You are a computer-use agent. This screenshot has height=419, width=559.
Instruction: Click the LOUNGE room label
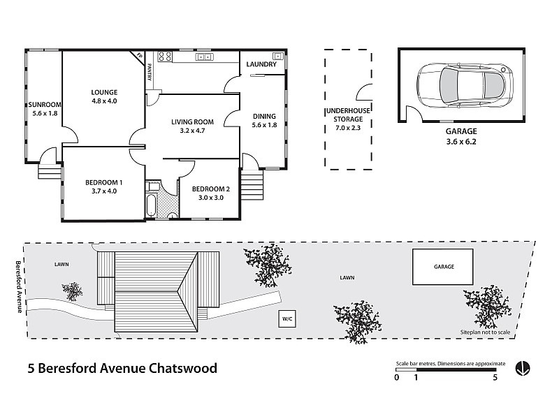104,93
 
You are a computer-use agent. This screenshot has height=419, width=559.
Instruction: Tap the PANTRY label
150,73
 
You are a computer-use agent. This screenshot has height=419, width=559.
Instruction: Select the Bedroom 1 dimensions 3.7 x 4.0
104,191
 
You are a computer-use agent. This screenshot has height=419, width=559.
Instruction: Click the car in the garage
465,85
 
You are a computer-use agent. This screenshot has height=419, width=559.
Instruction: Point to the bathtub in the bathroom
151,205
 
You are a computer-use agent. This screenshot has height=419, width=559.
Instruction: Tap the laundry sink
277,56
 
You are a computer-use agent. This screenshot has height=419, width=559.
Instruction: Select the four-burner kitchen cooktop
165,57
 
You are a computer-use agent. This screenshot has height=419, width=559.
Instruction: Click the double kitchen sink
204,57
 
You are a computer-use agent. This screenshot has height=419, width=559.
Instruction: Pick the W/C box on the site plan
287,319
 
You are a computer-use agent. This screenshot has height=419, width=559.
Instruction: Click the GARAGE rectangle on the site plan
443,267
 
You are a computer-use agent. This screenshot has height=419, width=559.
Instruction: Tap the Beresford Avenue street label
19,287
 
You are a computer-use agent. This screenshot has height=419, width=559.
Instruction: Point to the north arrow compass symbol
523,369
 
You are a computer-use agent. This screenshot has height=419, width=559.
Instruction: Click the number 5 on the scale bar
495,377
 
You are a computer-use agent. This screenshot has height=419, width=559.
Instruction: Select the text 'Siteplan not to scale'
485,332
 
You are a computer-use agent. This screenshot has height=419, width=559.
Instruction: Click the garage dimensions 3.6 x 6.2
461,142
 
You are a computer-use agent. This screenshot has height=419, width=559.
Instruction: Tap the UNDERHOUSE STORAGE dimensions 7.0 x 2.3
348,128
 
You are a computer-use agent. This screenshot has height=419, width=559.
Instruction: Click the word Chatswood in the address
183,368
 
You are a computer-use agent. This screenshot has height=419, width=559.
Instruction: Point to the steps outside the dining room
252,184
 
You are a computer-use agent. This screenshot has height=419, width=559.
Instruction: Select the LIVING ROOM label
193,122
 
